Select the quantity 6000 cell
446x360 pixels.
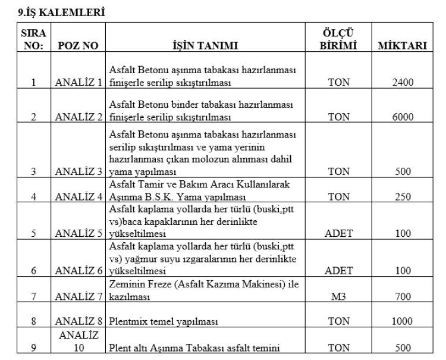(407, 117)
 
